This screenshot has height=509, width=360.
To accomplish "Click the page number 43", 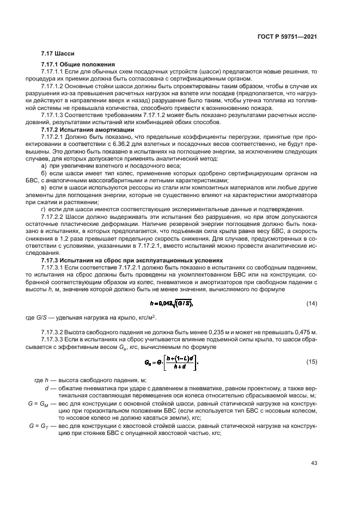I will pos(314,463).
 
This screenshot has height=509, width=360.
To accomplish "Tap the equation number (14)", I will pos(312,303).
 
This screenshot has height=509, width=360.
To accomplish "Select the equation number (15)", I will pos(312,361).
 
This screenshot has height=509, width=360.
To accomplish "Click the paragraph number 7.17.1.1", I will pos(53,71).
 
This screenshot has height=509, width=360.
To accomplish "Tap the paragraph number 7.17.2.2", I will pos(53,217).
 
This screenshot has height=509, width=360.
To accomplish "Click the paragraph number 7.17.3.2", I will pos(53,332).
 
